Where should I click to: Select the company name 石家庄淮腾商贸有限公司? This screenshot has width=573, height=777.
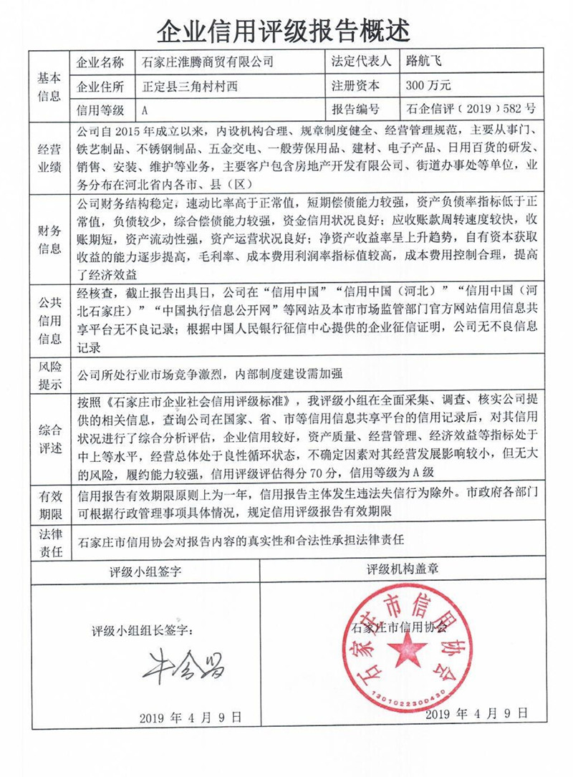[x=208, y=63]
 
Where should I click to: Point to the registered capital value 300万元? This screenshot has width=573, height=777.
[x=428, y=87]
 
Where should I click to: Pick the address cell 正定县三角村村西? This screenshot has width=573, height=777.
[x=191, y=87]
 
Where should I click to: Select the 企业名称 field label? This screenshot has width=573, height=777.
[x=100, y=63]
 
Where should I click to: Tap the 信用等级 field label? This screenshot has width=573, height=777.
[x=100, y=110]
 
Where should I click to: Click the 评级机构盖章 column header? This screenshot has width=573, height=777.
[x=413, y=570]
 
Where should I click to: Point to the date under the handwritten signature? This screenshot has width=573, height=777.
[x=191, y=718]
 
